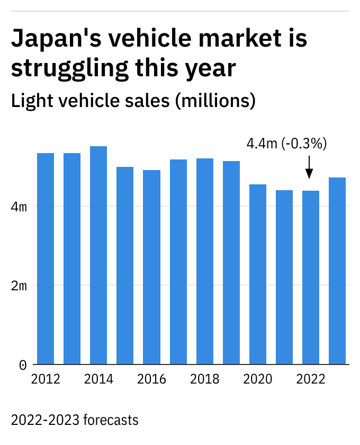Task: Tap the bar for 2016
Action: [x=151, y=267]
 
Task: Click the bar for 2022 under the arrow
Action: [x=311, y=278]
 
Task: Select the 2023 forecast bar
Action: [x=337, y=271]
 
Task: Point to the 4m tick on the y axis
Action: [x=19, y=206]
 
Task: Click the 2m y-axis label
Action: [x=19, y=286]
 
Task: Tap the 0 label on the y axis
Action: [x=23, y=364]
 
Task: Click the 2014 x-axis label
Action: [x=98, y=379]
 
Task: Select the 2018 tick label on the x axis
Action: [x=205, y=379]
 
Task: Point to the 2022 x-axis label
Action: [x=311, y=379]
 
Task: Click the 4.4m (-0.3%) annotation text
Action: [x=287, y=144]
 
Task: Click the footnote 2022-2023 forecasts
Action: [x=75, y=420]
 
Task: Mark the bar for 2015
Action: [x=125, y=265]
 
